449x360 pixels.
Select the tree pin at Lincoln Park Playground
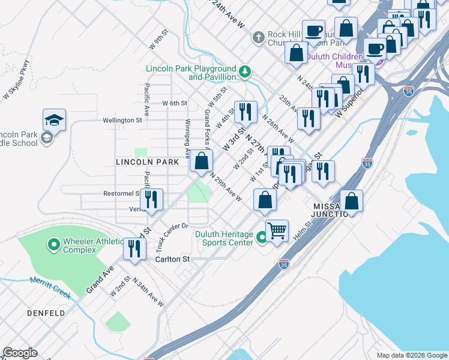[x=245, y=73]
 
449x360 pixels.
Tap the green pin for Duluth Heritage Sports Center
[x=261, y=238]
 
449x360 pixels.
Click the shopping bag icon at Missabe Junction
[x=351, y=201]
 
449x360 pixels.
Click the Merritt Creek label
[x=50, y=287]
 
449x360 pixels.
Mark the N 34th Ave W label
[x=147, y=293]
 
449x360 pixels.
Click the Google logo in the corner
[x=20, y=353]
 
